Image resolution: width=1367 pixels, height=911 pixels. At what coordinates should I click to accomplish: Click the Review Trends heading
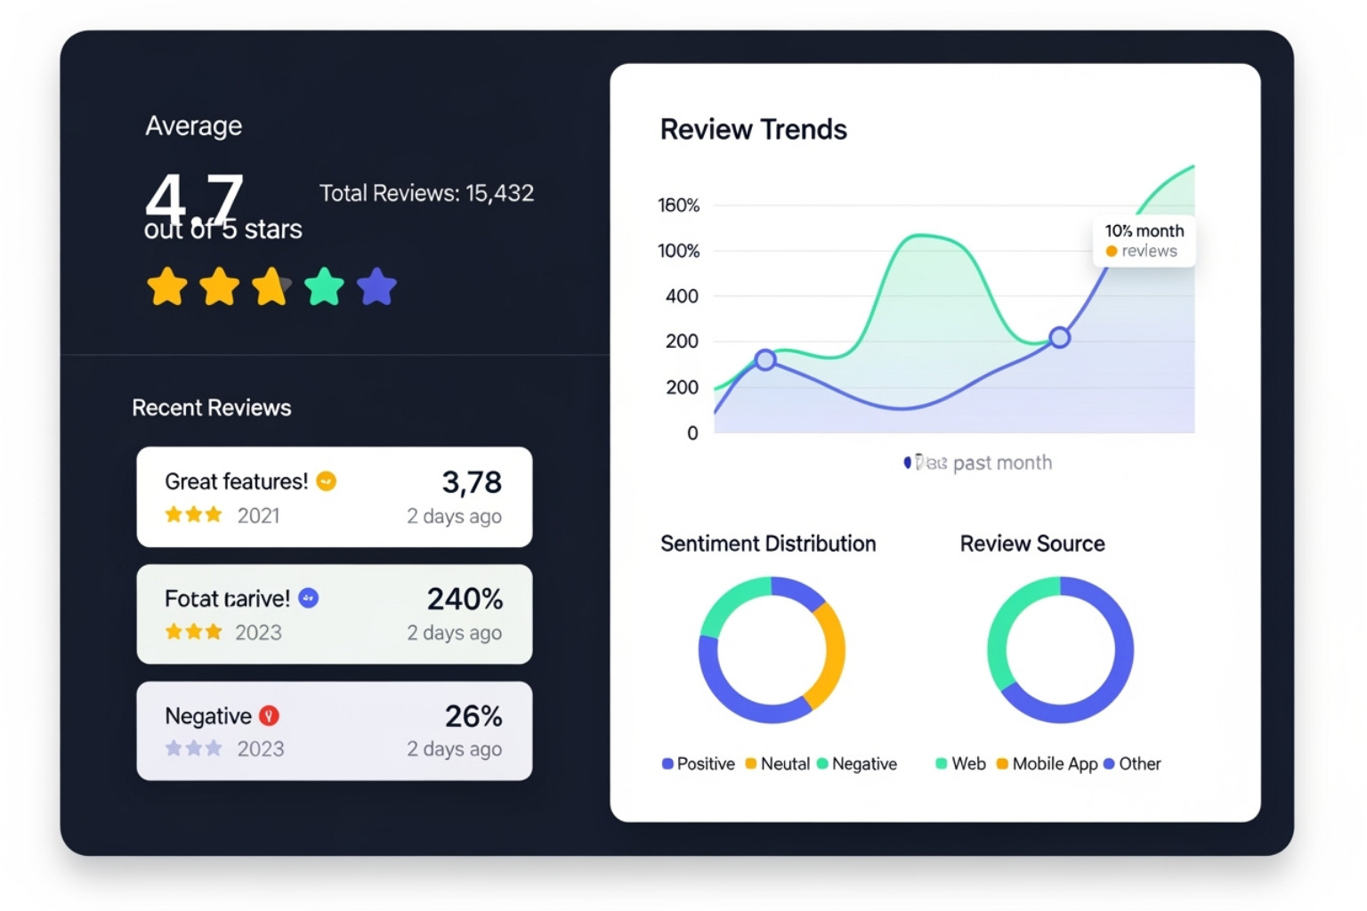point(753,130)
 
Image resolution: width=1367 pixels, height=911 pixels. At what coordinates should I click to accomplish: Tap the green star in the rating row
point(324,286)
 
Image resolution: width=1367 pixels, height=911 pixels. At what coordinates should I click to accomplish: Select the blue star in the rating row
point(376,286)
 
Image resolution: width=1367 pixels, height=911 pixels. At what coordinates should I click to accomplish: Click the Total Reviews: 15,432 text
point(426,193)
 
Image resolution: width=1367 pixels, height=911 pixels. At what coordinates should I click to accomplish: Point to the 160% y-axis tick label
point(678,206)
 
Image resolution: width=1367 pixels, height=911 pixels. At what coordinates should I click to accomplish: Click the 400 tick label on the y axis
point(682,296)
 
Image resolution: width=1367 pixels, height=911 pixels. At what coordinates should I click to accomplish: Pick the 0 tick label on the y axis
point(692,433)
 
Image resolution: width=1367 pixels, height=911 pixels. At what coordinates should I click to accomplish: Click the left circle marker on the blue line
point(765,359)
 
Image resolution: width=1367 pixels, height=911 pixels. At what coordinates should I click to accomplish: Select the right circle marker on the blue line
point(1059,337)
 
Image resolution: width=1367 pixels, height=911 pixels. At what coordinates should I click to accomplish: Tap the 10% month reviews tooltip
point(1144,240)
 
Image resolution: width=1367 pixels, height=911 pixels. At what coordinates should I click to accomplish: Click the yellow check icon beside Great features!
point(327,481)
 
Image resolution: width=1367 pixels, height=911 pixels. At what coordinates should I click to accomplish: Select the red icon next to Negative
point(269,715)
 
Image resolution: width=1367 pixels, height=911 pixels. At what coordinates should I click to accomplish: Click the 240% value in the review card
point(465,599)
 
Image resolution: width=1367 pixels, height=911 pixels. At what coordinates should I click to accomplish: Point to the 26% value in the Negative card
point(473,716)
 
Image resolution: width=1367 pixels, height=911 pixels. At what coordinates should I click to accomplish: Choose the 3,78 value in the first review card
point(472,482)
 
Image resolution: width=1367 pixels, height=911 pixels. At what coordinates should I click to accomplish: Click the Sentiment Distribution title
point(768,544)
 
